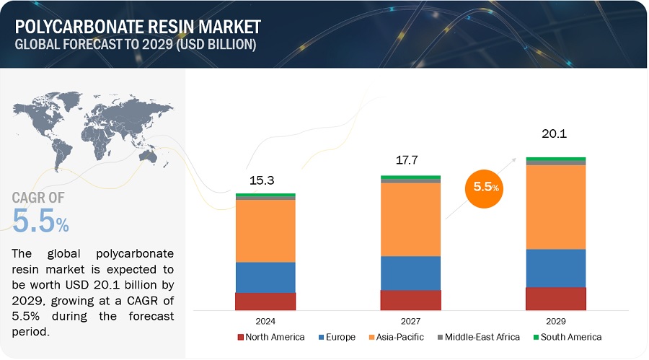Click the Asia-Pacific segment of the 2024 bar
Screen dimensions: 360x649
click(x=265, y=230)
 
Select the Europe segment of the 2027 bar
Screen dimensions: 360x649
click(x=410, y=273)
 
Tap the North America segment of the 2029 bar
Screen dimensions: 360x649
click(x=555, y=299)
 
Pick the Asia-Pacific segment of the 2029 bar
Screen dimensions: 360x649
click(x=555, y=207)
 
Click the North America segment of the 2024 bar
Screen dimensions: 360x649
click(x=265, y=302)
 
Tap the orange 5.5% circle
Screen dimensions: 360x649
click(x=485, y=187)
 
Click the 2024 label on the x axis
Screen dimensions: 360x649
click(x=265, y=320)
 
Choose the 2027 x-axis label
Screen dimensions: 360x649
click(x=410, y=320)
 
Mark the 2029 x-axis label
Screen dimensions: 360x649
click(x=555, y=320)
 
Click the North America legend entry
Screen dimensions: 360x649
click(x=270, y=337)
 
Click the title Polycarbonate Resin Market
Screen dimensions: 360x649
click(x=137, y=27)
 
